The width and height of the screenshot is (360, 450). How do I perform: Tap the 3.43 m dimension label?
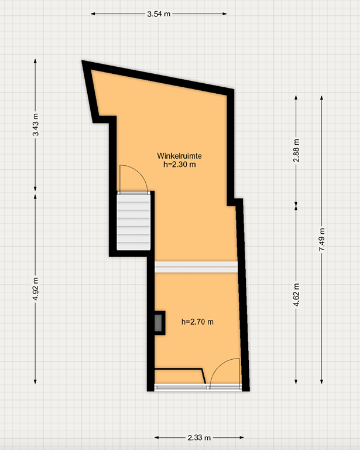click(36, 125)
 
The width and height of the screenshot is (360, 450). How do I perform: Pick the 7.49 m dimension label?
click(322, 240)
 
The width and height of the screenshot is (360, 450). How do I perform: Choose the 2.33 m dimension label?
click(199, 438)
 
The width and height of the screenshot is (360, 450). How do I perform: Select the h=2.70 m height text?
click(197, 321)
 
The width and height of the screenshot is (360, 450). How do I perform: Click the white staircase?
click(134, 222)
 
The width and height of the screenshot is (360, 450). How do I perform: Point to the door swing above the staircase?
click(132, 178)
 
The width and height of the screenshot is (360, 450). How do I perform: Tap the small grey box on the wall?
click(158, 323)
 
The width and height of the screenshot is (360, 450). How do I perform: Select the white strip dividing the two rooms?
click(196, 267)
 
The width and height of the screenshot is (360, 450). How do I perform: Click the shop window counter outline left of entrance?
click(179, 376)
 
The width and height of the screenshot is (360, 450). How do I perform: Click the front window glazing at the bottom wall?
click(181, 387)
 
